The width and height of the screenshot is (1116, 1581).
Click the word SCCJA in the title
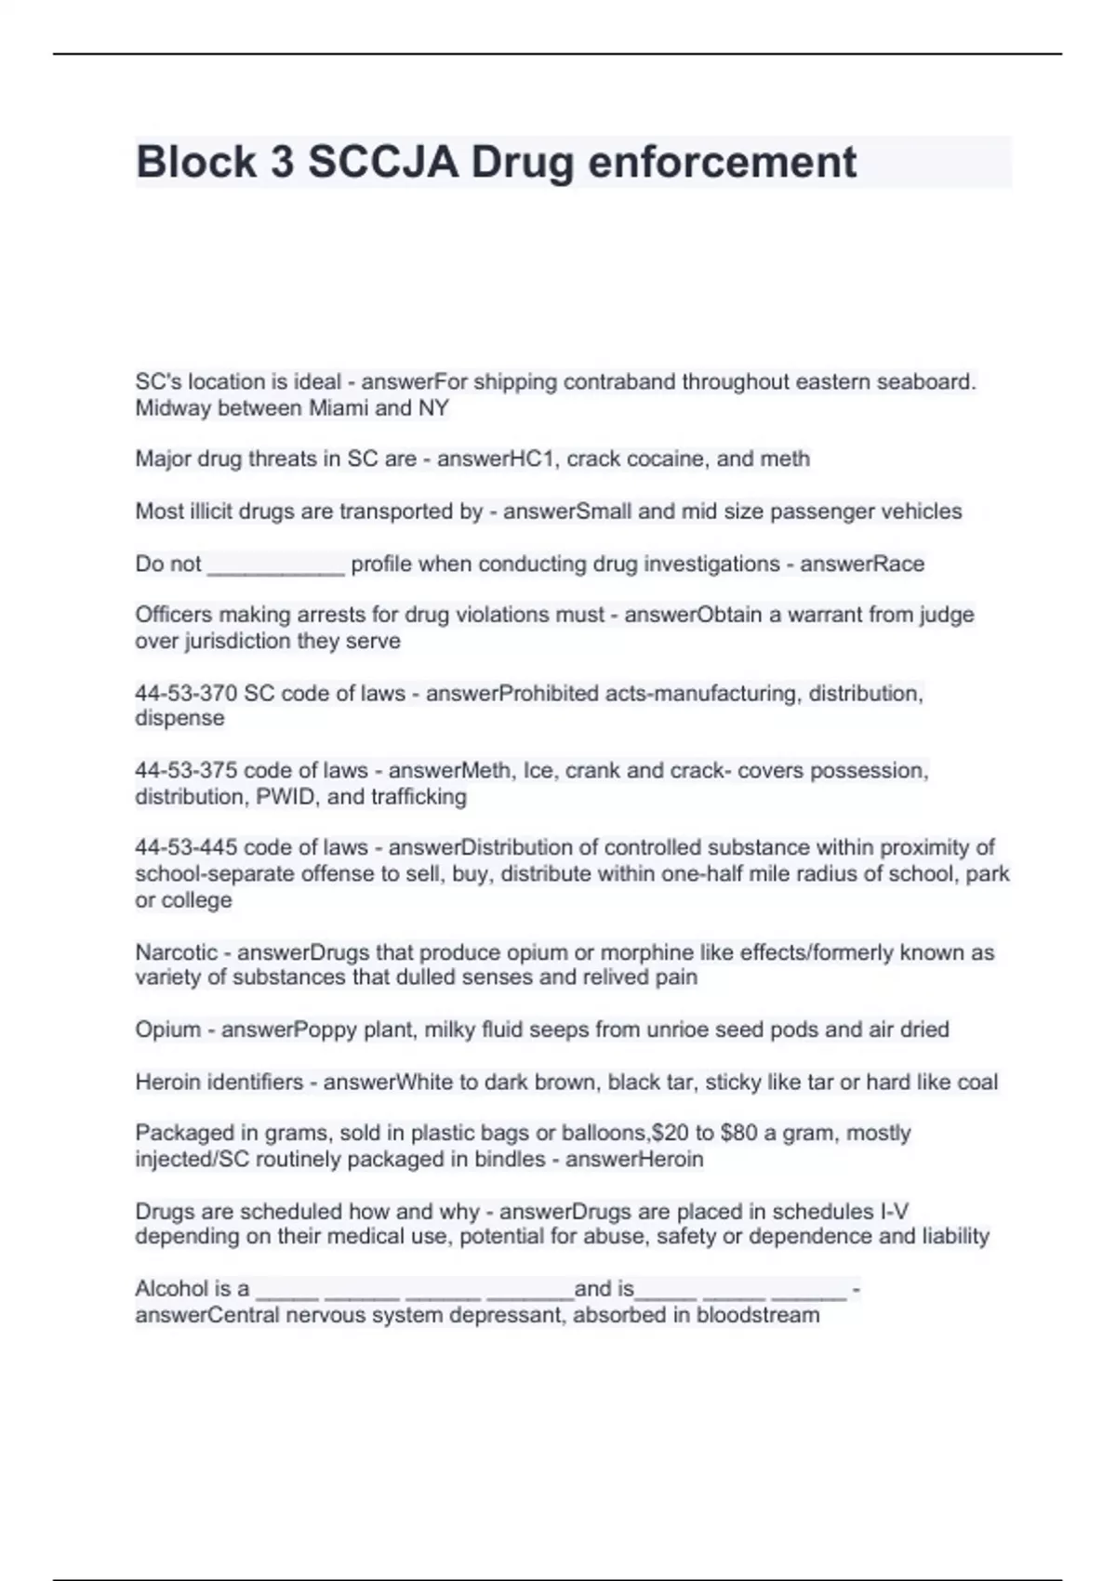(382, 163)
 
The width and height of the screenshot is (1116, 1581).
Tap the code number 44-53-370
(186, 694)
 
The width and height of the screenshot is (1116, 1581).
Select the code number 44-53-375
(186, 771)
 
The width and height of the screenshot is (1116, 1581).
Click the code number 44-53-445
(186, 848)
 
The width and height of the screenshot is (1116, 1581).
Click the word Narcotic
(176, 953)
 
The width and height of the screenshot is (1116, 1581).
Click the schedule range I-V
(893, 1212)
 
